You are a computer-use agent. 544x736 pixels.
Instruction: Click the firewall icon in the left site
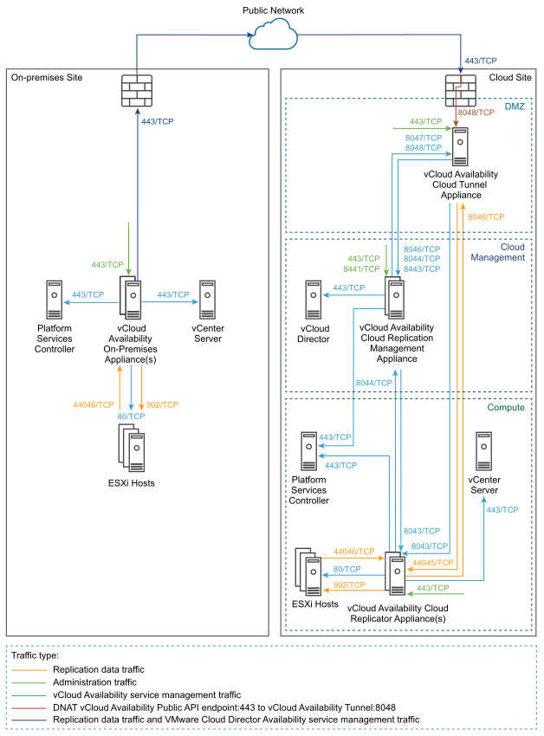click(x=137, y=91)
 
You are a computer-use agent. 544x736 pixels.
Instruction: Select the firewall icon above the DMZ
click(x=460, y=90)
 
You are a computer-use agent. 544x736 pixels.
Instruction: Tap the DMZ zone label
click(x=514, y=107)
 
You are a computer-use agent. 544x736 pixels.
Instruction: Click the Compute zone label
click(x=506, y=407)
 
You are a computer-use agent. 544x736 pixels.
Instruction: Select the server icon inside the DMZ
click(x=460, y=147)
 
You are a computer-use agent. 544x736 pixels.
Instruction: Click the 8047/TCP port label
click(x=424, y=138)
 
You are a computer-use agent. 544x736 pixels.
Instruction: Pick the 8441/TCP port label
click(x=361, y=269)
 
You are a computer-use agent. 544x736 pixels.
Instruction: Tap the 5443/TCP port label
click(x=422, y=269)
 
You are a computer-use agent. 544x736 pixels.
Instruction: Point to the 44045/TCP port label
click(x=432, y=563)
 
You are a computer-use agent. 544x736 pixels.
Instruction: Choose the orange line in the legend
click(x=29, y=670)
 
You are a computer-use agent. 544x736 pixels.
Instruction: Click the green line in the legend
click(x=29, y=682)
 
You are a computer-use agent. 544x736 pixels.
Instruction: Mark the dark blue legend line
click(x=29, y=720)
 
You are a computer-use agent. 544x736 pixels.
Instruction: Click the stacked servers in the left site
click(x=132, y=448)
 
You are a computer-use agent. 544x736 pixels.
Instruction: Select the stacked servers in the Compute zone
click(x=308, y=572)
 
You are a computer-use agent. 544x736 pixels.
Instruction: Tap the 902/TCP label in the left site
click(x=162, y=404)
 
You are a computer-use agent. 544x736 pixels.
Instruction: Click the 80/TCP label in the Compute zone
click(x=346, y=569)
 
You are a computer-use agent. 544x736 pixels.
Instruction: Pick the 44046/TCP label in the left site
click(x=94, y=404)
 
